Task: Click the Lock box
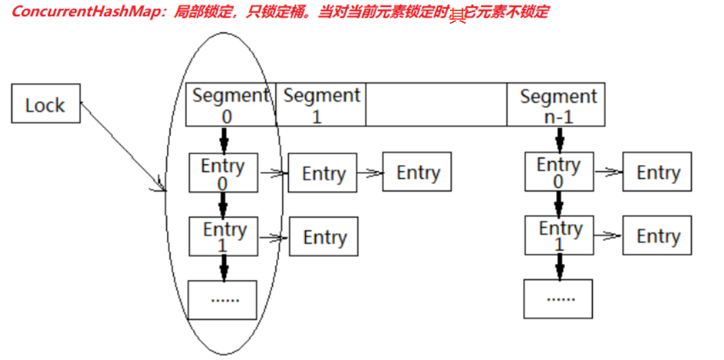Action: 45,104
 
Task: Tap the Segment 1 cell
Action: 321,105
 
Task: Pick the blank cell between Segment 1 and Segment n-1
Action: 436,105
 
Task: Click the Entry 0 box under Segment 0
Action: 223,173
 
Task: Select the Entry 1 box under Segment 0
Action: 223,236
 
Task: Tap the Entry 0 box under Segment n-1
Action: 558,173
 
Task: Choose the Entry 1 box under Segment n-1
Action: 559,235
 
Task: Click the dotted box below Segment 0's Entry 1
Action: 222,299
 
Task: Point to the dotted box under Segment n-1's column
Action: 558,297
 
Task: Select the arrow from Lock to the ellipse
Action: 122,145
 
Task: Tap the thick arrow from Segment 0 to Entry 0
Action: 224,140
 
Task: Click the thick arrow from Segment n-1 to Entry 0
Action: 559,139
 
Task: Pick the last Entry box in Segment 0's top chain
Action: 417,173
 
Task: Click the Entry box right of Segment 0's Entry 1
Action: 323,237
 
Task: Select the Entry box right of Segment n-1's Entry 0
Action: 657,173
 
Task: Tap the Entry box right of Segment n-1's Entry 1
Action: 657,235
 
